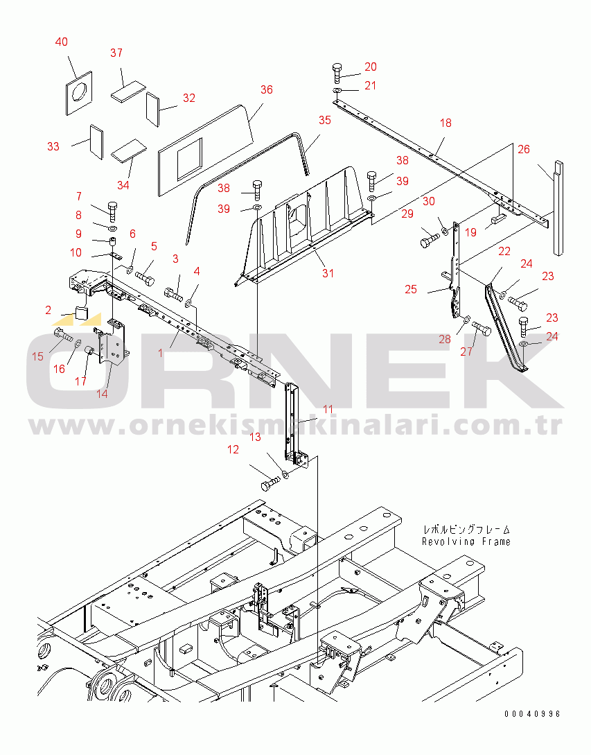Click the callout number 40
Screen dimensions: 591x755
point(62,42)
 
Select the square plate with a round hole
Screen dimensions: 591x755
point(79,94)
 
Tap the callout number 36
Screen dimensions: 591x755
point(267,89)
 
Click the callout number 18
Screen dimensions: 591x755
point(446,123)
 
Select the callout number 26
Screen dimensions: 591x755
point(524,149)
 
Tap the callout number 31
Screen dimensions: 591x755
point(328,273)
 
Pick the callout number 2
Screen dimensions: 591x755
point(48,310)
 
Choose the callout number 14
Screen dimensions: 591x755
point(102,394)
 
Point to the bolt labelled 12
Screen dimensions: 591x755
point(270,483)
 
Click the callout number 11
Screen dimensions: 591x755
point(328,409)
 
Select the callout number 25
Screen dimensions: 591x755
point(411,289)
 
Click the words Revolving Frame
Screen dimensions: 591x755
point(466,541)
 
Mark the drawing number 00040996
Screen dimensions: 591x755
point(532,714)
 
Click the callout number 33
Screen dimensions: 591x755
point(53,146)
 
